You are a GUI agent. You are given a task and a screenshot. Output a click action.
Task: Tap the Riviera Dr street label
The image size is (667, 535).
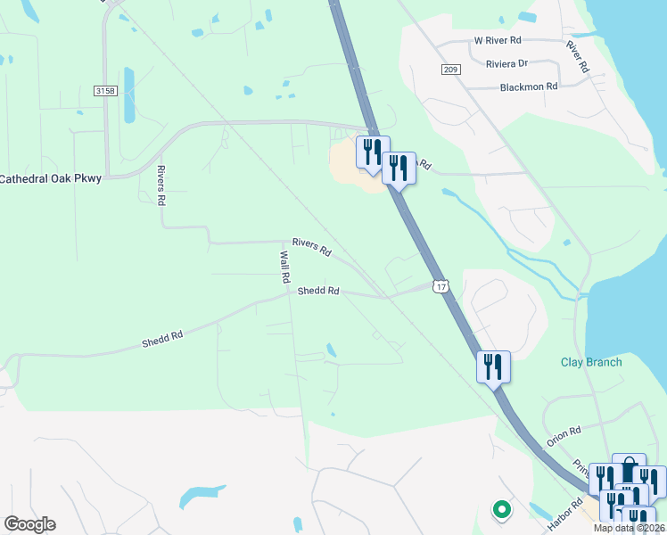507,63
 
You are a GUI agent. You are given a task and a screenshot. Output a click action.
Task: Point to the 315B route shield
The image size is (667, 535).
104,91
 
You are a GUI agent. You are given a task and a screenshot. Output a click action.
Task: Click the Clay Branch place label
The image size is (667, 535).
591,362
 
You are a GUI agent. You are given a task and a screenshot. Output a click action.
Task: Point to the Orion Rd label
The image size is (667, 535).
564,431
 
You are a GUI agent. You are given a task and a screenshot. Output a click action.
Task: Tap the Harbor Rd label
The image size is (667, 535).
564,515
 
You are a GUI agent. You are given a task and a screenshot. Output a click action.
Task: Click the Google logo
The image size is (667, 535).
29,524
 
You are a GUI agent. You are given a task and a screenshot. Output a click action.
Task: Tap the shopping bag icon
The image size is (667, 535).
629,469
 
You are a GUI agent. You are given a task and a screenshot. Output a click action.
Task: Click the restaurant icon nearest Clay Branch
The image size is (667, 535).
493,366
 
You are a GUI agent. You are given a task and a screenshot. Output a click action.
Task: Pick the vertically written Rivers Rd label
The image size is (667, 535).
161,185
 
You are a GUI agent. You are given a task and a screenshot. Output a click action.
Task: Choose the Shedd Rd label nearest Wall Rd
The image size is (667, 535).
318,291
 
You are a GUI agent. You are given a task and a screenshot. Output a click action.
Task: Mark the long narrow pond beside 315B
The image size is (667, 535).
129,95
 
